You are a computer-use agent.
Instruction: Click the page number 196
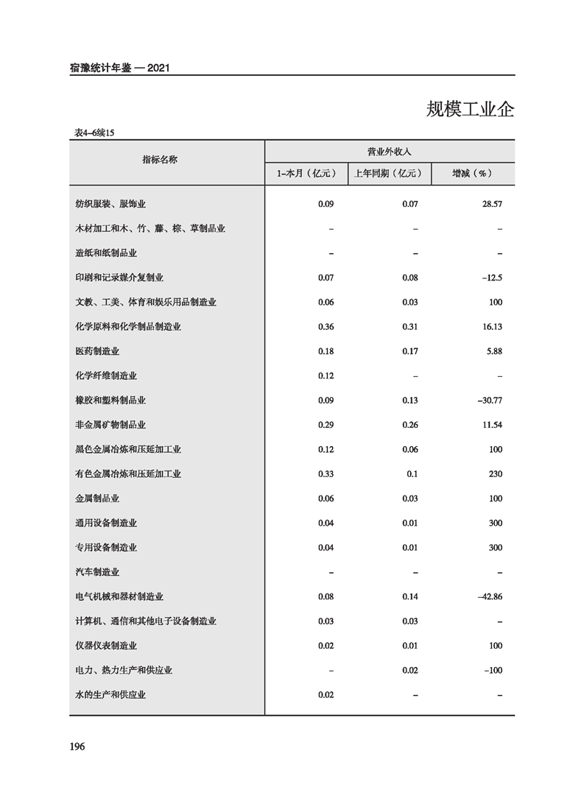click(78, 747)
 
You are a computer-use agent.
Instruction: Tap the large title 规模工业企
click(470, 110)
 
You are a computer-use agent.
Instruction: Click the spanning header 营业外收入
click(389, 151)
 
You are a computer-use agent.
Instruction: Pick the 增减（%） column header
click(472, 174)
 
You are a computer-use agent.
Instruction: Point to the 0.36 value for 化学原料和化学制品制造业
click(326, 327)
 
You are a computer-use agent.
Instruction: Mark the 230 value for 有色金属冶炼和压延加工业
click(495, 474)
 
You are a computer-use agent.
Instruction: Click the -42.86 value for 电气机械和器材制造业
click(489, 596)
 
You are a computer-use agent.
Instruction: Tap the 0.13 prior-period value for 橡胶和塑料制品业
click(410, 401)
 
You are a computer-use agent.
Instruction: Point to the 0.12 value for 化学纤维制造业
click(326, 376)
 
